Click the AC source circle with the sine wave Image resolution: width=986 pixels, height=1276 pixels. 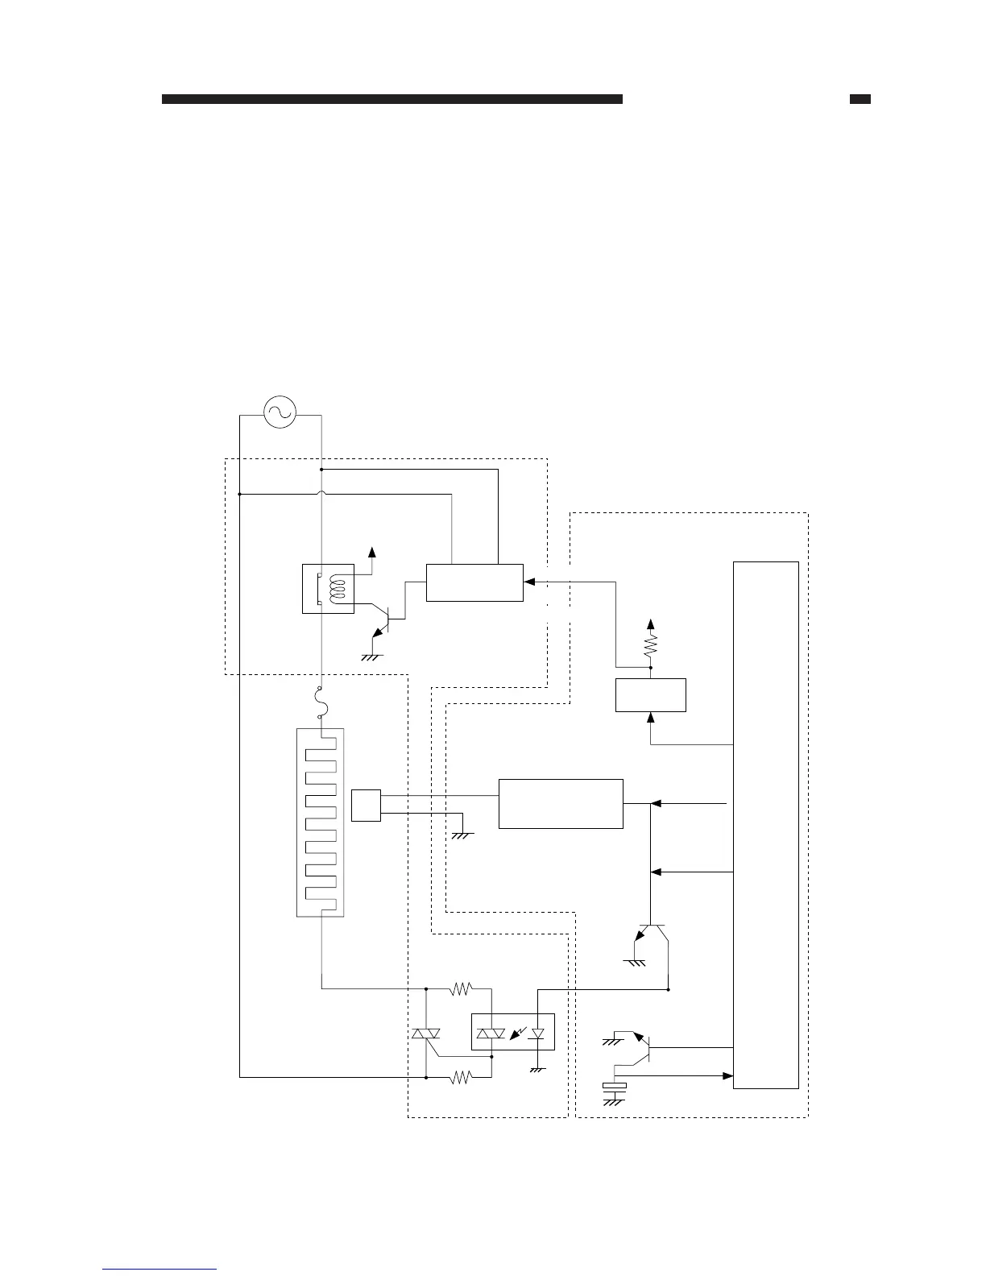(280, 412)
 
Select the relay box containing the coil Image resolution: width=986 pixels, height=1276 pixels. (327, 589)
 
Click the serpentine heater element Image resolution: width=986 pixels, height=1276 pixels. (321, 822)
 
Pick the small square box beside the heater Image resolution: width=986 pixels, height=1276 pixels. (366, 806)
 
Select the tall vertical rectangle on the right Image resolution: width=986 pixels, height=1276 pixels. (766, 825)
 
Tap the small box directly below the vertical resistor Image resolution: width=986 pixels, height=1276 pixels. (651, 695)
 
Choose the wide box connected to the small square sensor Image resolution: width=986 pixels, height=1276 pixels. (561, 803)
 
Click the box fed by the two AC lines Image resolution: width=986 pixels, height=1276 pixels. (474, 582)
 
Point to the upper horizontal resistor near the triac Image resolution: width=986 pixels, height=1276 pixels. (460, 988)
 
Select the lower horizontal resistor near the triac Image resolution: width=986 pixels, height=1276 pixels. (460, 1076)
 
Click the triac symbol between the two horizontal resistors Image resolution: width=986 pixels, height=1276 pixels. (425, 1034)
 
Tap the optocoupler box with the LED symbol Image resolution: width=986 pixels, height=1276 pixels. (513, 1032)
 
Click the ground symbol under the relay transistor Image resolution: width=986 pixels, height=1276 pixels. (372, 656)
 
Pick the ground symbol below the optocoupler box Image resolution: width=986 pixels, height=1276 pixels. (537, 1068)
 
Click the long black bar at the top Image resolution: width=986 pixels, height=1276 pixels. (392, 100)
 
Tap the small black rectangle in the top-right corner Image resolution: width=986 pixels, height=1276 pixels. (860, 100)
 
